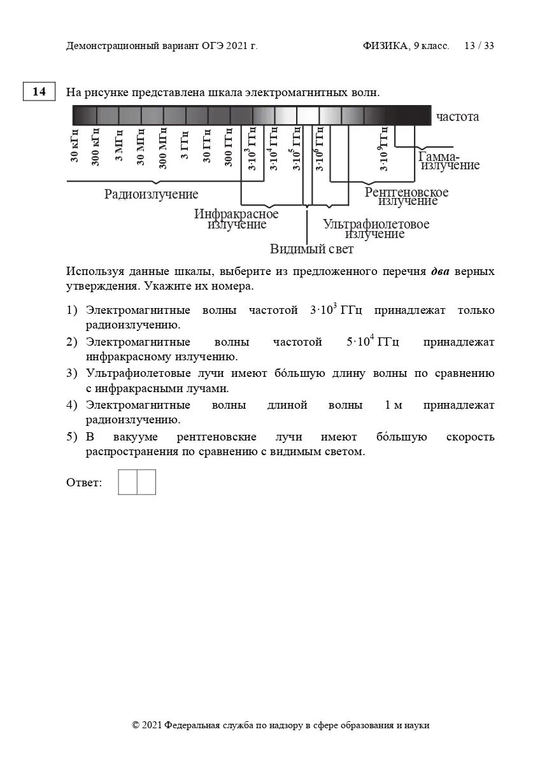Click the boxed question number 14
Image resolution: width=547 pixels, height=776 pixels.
coord(39,92)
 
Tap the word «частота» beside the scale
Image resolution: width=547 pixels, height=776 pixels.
coord(457,116)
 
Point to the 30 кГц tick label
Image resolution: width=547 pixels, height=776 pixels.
coord(75,146)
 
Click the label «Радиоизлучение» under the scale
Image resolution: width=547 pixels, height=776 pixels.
coord(152,194)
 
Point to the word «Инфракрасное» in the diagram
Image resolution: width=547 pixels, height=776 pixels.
coord(236,214)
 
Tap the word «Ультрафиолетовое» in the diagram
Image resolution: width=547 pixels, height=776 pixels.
coord(376,224)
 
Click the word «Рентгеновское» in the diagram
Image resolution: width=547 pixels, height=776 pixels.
coord(406,192)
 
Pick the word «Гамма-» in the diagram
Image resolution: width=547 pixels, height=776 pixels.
coord(439,156)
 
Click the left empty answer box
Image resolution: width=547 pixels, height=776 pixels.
coord(127,482)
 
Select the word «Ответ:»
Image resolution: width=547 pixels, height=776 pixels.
coord(84,483)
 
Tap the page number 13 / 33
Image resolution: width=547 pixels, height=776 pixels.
coord(479,46)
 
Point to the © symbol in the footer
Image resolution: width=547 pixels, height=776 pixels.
coord(136,725)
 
